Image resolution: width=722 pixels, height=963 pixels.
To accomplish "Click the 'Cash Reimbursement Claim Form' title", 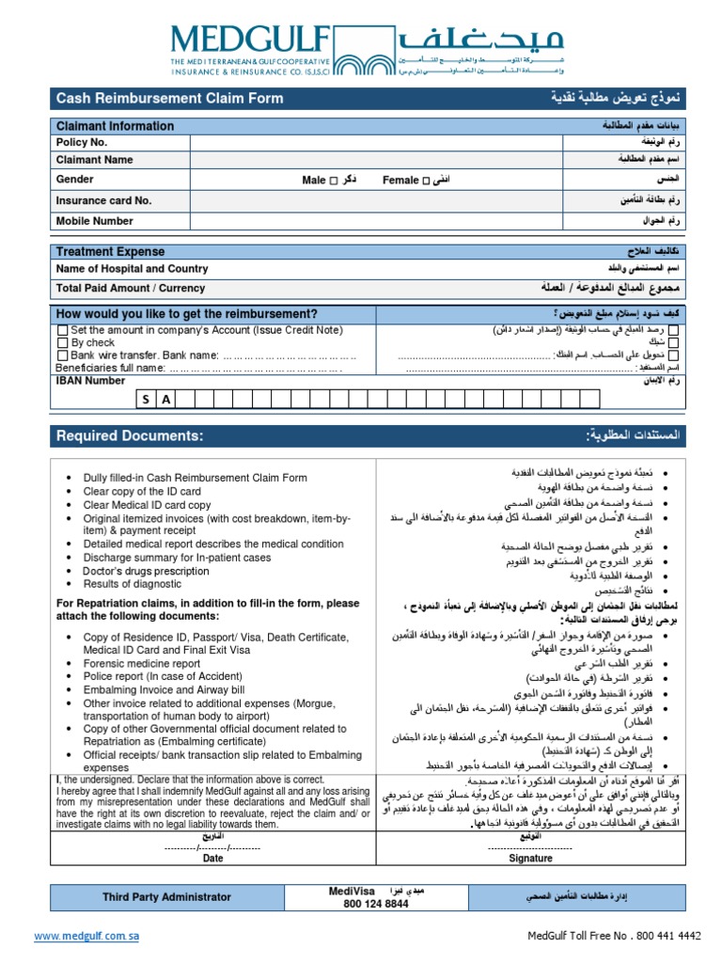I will tap(169, 99).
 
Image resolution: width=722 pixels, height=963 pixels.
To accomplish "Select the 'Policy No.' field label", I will tap(82, 142).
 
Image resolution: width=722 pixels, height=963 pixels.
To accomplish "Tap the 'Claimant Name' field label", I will tap(94, 160).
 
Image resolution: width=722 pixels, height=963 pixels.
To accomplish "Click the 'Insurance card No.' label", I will tap(103, 200).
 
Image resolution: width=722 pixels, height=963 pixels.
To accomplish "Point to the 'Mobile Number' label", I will tap(94, 221).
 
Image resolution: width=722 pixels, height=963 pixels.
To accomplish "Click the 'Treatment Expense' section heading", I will tap(110, 252).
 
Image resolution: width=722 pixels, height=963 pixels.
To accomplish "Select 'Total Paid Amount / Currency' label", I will tap(130, 289).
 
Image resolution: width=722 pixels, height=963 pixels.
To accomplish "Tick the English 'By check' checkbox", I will tap(63, 343).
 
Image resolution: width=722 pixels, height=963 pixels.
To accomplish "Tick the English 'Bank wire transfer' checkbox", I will tap(63, 355).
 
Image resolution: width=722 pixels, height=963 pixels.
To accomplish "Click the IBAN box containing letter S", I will tap(147, 400).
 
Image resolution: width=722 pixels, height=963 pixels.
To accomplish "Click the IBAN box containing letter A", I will tap(166, 400).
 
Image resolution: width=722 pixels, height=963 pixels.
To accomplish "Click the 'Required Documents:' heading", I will tap(129, 435).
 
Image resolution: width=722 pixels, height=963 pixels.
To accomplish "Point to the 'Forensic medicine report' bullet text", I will tap(142, 663).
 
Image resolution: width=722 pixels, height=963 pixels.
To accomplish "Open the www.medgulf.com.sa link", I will tap(86, 937).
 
